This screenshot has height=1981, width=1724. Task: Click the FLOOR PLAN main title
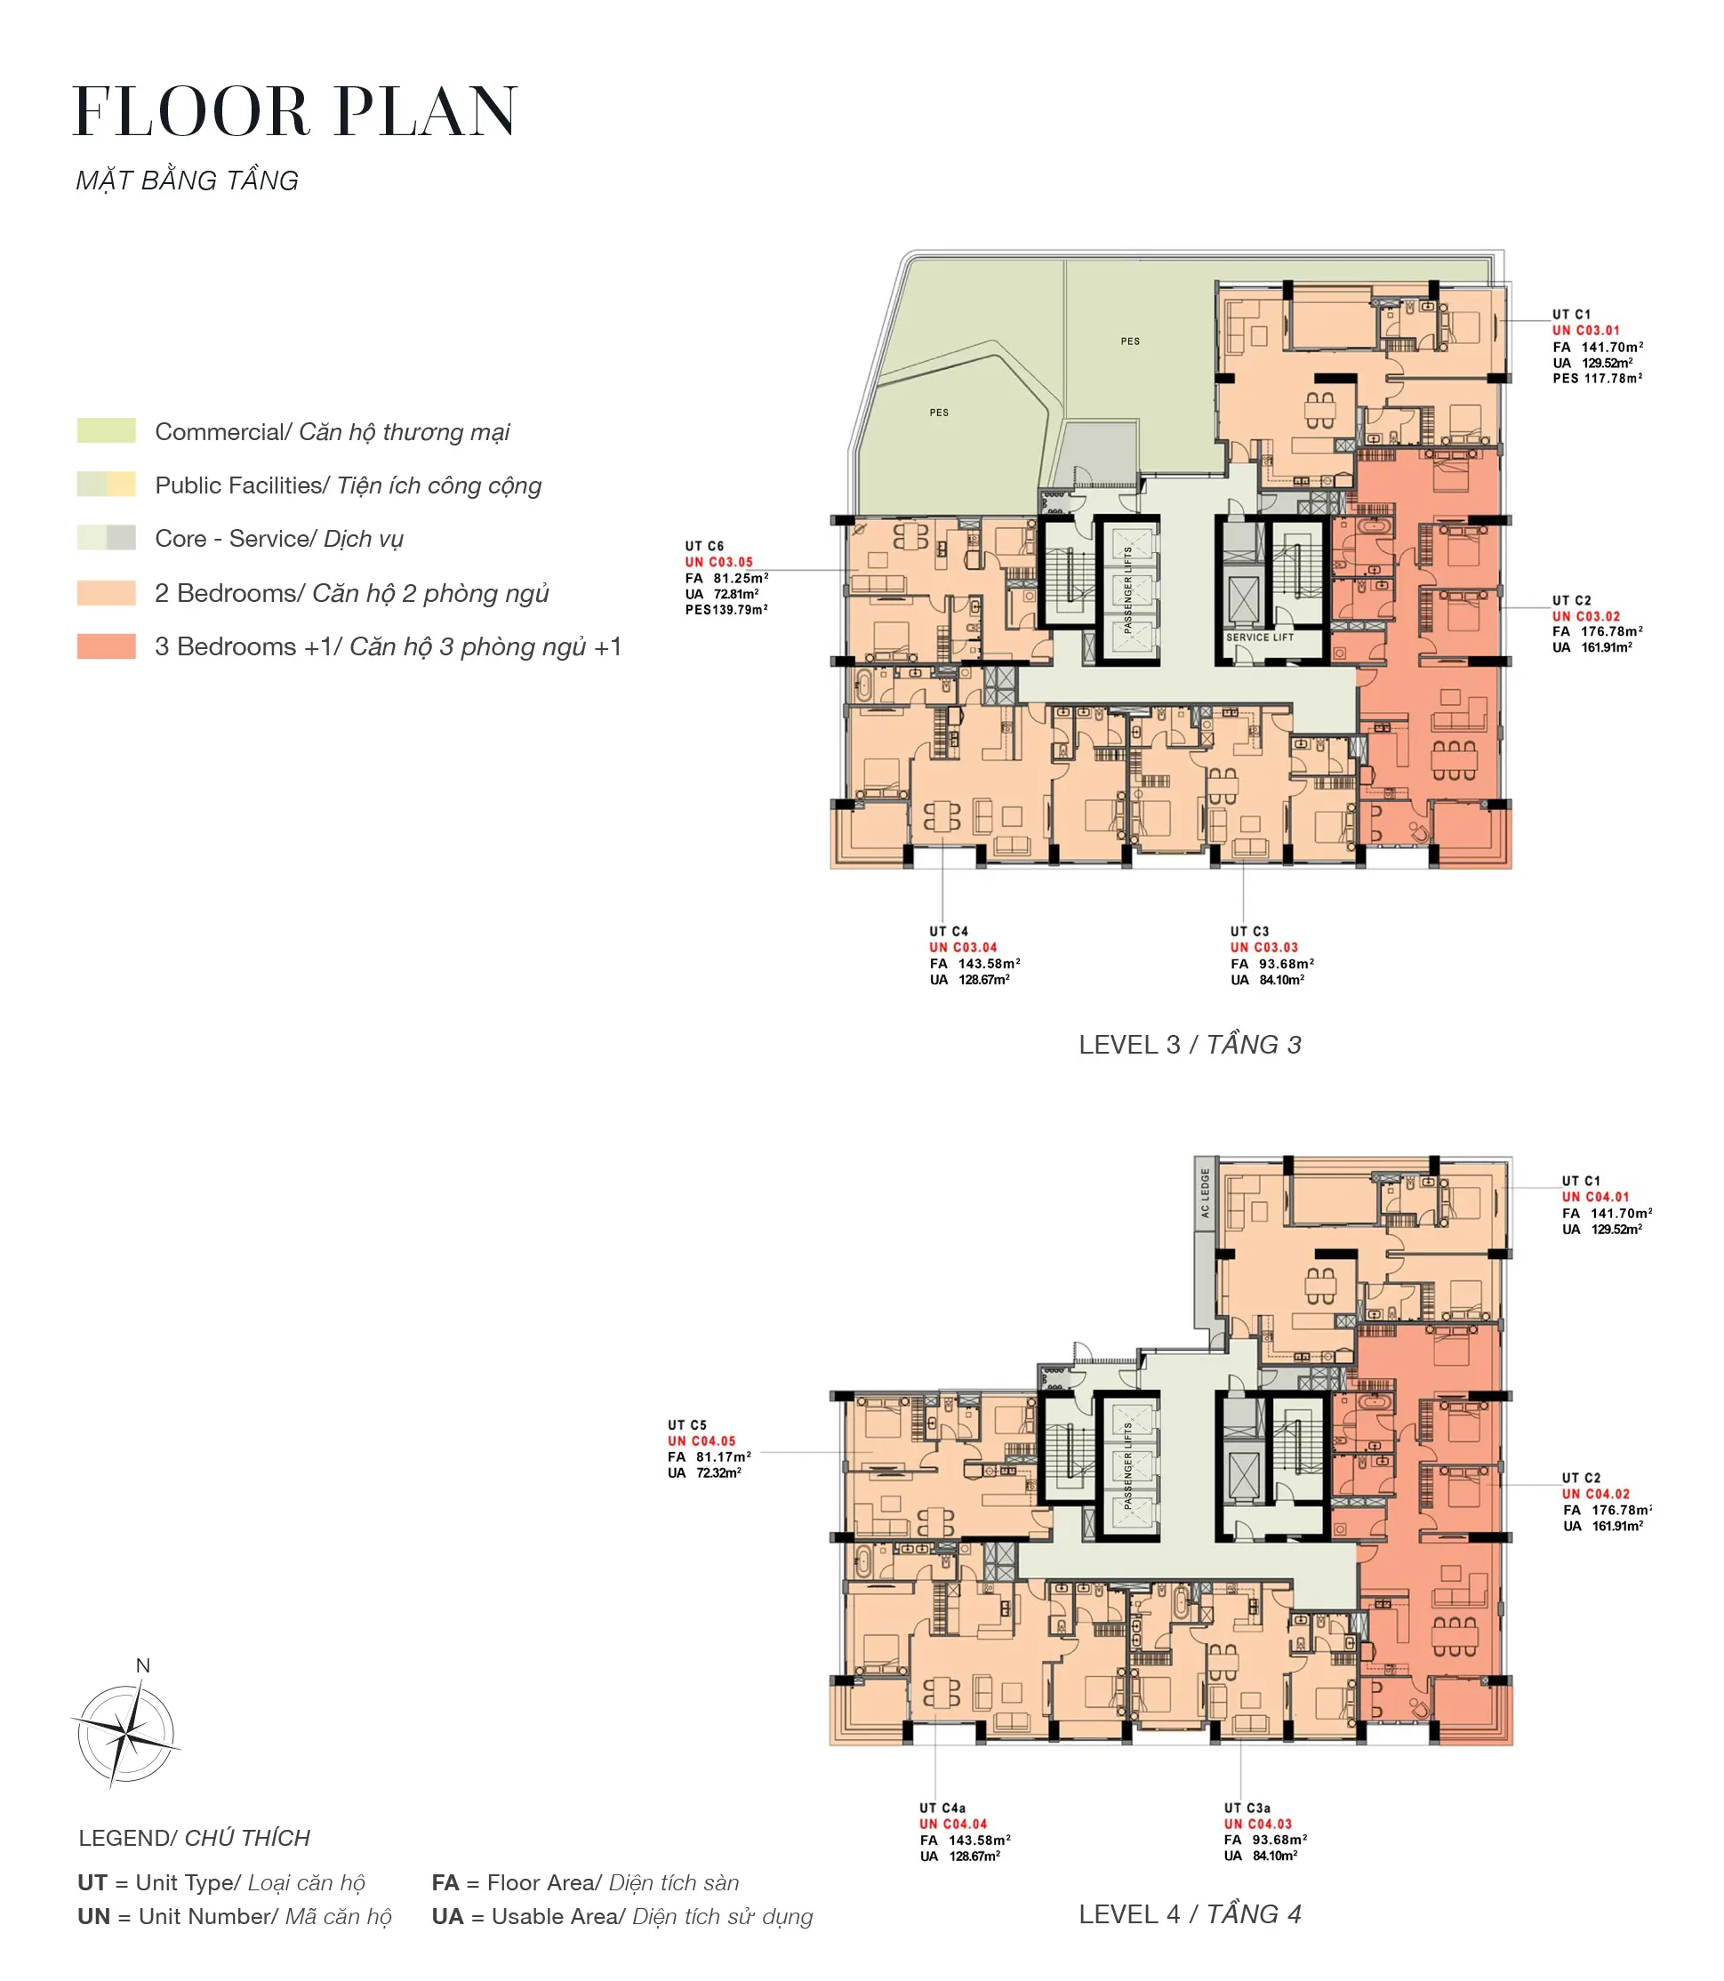295,112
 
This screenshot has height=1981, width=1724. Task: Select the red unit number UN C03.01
1585,330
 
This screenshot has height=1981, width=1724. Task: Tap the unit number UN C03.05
718,562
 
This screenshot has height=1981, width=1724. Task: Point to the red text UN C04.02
1596,1494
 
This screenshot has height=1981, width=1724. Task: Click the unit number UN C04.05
702,1441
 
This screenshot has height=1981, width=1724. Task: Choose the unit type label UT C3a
1247,1808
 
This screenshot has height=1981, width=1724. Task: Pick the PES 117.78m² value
1597,378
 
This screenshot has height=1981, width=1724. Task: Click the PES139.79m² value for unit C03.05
726,609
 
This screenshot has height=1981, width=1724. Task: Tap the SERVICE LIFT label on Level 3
1259,637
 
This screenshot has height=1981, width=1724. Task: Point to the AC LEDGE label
1205,1193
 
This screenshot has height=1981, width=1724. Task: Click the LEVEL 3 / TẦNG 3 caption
1190,1045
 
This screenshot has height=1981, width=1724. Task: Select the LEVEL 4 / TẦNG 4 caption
1190,1914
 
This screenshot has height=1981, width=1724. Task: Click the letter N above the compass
142,1665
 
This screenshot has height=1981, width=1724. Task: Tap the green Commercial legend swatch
107,430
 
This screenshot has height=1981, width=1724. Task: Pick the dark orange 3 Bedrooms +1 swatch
107,646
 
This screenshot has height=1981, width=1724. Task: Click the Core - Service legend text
279,539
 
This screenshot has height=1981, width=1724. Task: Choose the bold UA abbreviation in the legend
447,1917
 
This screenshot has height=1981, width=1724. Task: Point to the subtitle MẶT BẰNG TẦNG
188,180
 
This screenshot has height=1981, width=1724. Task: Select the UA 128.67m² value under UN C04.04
960,1856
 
